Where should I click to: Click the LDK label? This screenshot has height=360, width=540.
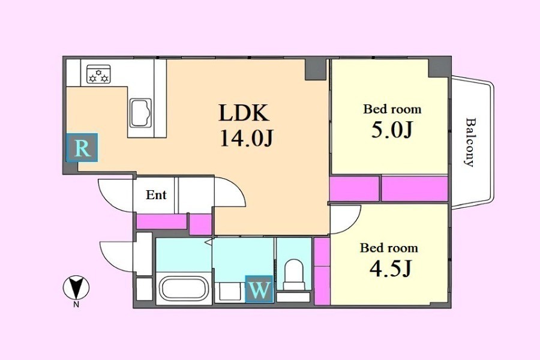point(244,113)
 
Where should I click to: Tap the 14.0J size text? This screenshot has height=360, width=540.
point(247,139)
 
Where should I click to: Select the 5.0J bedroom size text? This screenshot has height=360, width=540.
point(392,130)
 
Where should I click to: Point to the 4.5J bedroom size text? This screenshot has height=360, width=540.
point(391,269)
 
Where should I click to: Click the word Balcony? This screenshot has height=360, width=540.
point(470,142)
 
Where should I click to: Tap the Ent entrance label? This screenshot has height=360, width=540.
point(156,195)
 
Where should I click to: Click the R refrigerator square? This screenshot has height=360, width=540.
point(82,148)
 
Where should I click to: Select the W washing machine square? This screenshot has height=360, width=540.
point(259,289)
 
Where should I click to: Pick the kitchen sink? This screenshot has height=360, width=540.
point(140,113)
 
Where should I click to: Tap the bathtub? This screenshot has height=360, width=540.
point(184,289)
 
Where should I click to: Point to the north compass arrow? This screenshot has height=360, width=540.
point(76,287)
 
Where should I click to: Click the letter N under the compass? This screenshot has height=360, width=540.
point(76,304)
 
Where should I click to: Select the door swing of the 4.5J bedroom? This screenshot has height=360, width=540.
point(346,219)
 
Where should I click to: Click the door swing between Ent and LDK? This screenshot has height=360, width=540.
point(230,191)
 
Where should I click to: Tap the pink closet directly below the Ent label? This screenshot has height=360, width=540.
point(161,221)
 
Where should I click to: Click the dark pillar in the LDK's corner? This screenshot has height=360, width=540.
point(316,70)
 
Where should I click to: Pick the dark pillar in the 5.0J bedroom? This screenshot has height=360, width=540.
point(439,67)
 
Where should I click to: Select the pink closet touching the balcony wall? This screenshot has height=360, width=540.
point(415,188)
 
